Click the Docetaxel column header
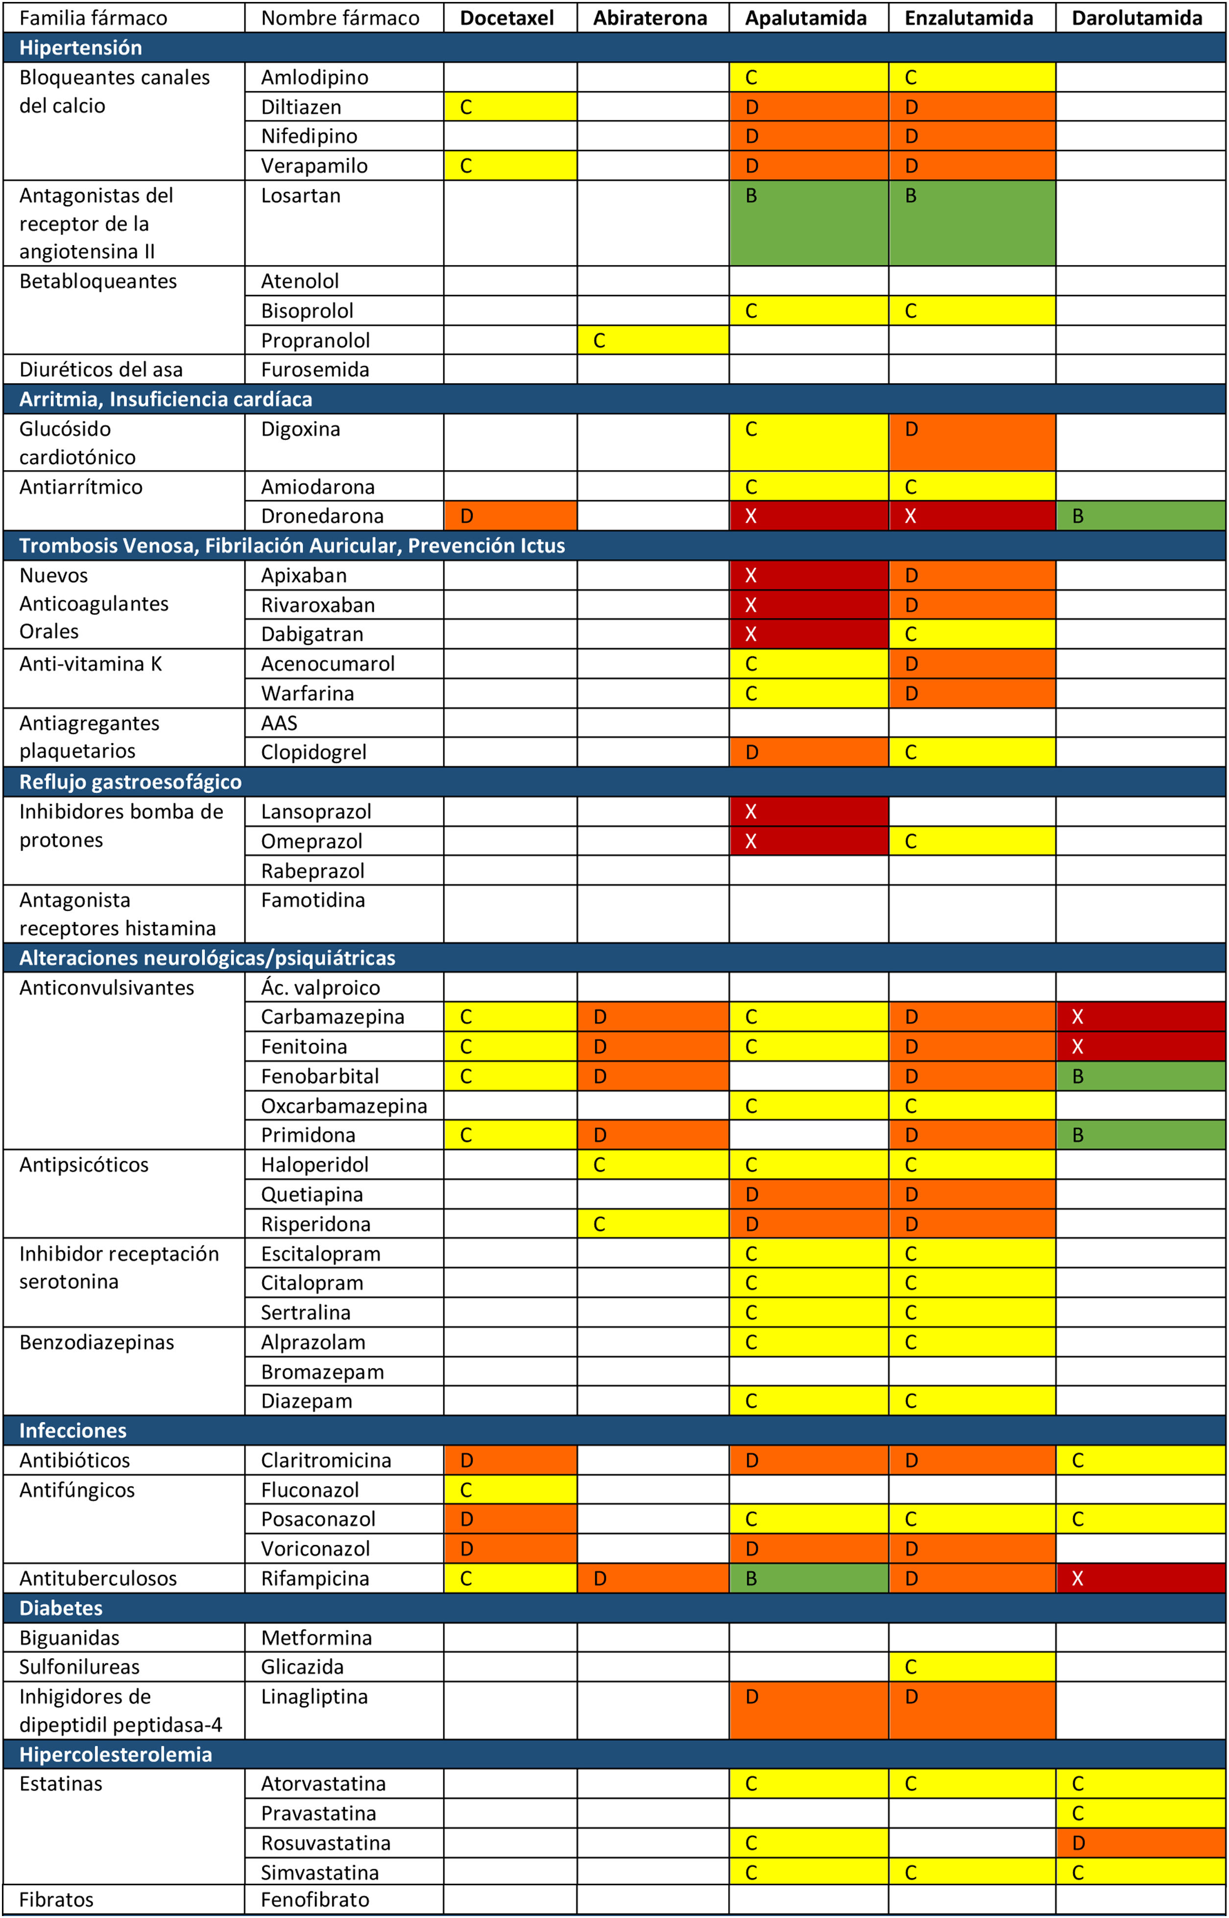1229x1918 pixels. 507,18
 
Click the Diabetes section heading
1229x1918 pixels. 61,1607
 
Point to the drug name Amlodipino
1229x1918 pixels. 314,77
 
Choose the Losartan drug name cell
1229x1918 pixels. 301,195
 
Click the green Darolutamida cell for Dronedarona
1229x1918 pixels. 1140,515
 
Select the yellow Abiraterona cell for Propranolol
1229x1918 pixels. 652,340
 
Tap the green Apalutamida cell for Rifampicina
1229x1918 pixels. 808,1578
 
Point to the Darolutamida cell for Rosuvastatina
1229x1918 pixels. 1140,1843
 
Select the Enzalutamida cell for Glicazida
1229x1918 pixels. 971,1667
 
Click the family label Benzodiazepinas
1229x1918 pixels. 96,1342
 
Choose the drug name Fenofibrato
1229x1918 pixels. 315,1900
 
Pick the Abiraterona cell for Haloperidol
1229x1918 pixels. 652,1165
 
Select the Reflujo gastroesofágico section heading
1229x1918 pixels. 130,781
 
